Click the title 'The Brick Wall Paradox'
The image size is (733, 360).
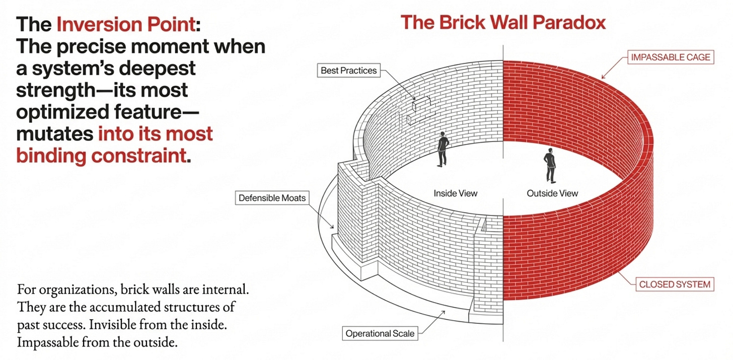pyautogui.click(x=503, y=22)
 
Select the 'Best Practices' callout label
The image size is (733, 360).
pyautogui.click(x=348, y=70)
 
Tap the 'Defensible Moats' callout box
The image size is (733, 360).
pyautogui.click(x=272, y=198)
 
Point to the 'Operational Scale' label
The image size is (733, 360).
pyautogui.click(x=381, y=333)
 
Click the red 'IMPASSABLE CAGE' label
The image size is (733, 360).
pyautogui.click(x=671, y=57)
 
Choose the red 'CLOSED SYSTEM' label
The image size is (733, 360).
pyautogui.click(x=675, y=284)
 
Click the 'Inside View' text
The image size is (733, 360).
pyautogui.click(x=455, y=193)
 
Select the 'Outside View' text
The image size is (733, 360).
pyautogui.click(x=552, y=193)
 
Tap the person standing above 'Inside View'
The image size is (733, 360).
pyautogui.click(x=443, y=149)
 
